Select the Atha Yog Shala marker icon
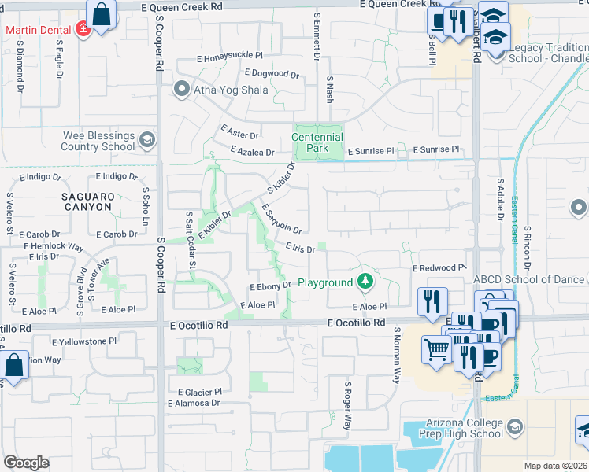point(183,89)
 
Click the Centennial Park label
point(317,142)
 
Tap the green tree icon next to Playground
point(365,281)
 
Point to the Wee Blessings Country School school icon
point(146,141)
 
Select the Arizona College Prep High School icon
point(514,426)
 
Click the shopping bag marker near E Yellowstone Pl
point(14,366)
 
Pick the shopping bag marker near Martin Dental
point(102,15)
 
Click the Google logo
point(26,462)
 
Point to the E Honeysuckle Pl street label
point(230,58)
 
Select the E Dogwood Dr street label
point(272,74)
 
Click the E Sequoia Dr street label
point(282,219)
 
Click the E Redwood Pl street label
point(439,268)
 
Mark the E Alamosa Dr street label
point(193,403)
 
